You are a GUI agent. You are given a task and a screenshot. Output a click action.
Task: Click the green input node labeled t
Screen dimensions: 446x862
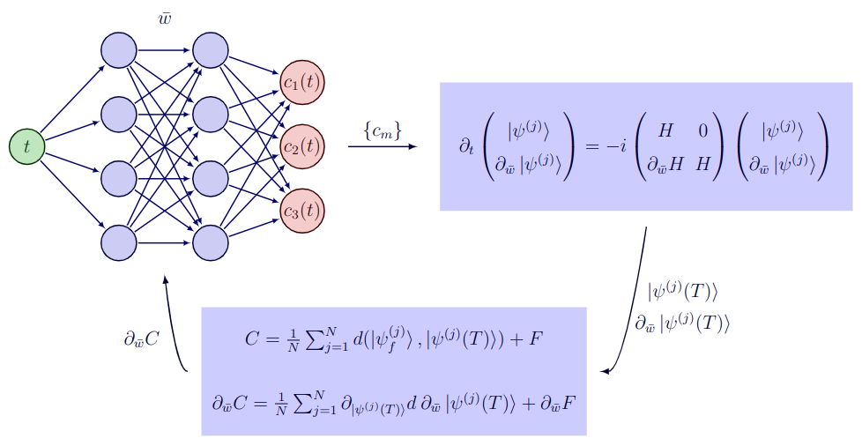point(26,146)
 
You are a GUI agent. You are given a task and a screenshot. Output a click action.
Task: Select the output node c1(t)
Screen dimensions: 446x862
point(302,82)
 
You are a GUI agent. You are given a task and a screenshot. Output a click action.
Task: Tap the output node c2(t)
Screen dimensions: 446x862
point(302,146)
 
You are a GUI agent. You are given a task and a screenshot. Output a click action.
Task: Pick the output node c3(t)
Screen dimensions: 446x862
point(302,211)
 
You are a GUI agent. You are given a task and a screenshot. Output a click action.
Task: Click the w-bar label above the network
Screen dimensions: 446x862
point(164,19)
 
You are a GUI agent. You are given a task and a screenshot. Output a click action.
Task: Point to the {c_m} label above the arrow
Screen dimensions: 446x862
point(382,130)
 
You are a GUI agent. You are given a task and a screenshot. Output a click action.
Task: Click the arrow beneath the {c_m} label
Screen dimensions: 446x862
point(382,146)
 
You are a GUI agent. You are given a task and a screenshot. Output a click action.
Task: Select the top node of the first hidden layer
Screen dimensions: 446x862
point(118,49)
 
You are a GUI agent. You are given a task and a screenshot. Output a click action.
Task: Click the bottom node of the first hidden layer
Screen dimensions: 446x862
point(118,242)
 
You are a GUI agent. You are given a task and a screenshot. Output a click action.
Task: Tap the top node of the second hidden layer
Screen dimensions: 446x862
point(210,49)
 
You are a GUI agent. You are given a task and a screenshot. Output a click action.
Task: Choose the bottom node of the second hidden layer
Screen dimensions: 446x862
point(210,242)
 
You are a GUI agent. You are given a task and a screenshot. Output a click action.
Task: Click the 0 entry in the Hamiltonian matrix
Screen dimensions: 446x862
point(702,131)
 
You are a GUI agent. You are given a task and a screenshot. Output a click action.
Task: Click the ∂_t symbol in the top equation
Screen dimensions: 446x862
point(466,146)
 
